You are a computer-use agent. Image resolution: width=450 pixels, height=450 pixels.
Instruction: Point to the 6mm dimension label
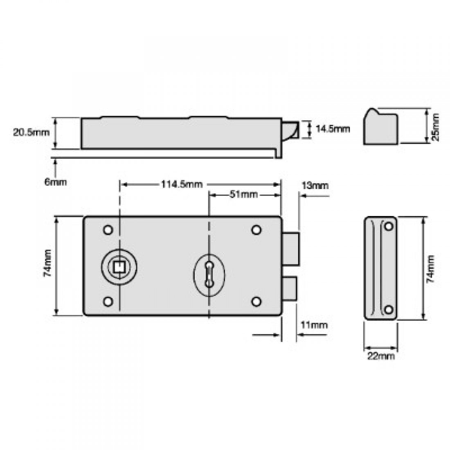point(56,182)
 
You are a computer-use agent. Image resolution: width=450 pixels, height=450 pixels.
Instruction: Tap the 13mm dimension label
point(315,185)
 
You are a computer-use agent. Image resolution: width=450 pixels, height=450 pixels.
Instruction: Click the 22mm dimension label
point(381,355)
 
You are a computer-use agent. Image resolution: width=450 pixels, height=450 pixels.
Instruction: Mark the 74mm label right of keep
point(430,268)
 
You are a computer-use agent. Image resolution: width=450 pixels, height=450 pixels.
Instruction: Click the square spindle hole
point(119,266)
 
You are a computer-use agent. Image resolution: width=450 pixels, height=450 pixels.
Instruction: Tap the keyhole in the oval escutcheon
point(209,274)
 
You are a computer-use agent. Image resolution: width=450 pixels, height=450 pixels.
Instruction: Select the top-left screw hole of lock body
point(108,230)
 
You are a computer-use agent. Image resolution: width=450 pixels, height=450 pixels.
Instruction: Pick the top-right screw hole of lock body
point(256,230)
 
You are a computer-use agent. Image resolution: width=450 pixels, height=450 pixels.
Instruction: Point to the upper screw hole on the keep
point(389,225)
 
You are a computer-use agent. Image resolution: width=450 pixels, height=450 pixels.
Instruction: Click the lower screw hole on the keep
point(389,309)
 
